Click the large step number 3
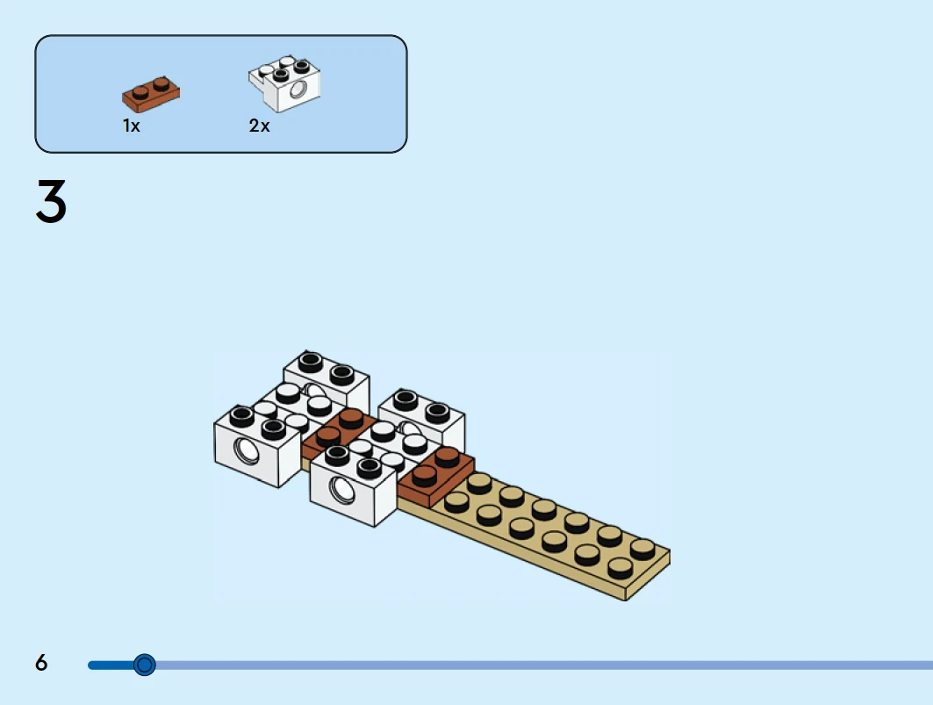tap(51, 201)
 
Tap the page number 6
tap(41, 663)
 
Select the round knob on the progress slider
tap(145, 665)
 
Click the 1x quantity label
tap(131, 126)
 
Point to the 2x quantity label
tap(259, 126)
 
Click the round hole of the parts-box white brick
tap(300, 90)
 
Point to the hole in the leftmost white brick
tap(244, 451)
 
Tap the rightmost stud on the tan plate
tap(642, 546)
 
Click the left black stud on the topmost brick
tap(311, 361)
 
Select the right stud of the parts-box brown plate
tap(161, 84)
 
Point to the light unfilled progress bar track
tap(527, 665)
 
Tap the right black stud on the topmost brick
tap(341, 372)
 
